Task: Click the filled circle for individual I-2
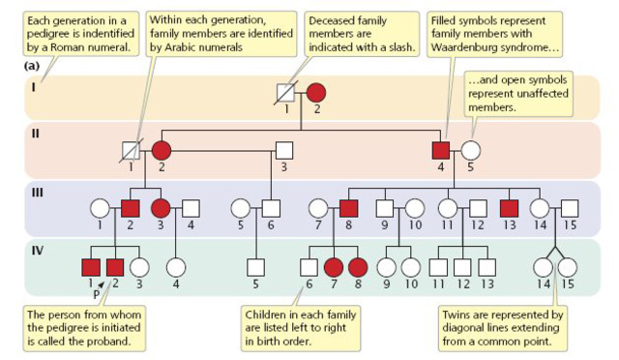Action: pyautogui.click(x=316, y=95)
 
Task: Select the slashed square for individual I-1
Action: pyautogui.click(x=286, y=95)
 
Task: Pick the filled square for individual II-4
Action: pyautogui.click(x=441, y=151)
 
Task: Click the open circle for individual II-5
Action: pyautogui.click(x=471, y=151)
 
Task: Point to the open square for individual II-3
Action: pyautogui.click(x=284, y=151)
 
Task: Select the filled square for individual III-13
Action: pyautogui.click(x=510, y=207)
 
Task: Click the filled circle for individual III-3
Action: pyautogui.click(x=161, y=207)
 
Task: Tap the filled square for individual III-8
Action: pyautogui.click(x=349, y=207)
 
